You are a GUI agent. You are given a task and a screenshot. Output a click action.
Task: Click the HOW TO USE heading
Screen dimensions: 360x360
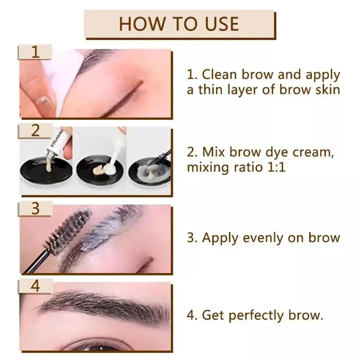tap(179, 24)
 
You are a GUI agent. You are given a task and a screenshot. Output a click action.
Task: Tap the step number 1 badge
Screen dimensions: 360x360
tap(35, 52)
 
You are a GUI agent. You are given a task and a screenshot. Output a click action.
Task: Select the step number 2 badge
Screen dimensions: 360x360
tap(35, 130)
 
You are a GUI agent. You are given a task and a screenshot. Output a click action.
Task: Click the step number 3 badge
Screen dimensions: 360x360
tap(35, 208)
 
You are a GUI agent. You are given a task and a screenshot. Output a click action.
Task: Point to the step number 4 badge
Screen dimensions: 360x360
tap(35, 286)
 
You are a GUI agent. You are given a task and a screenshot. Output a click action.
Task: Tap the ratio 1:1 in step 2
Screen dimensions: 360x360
tap(275, 167)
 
